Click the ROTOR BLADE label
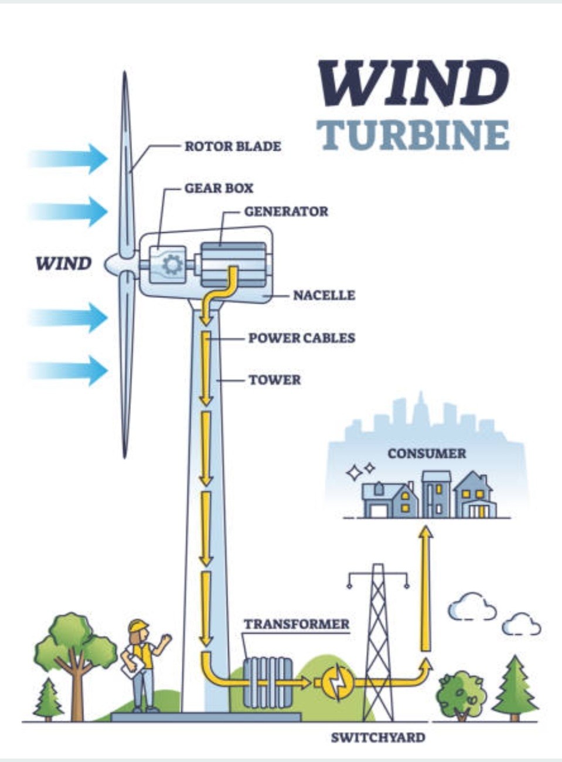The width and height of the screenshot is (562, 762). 233,147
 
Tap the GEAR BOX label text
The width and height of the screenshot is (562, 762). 219,188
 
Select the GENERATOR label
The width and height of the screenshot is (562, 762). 287,212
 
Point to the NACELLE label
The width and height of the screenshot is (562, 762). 324,295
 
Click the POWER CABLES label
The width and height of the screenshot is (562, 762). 302,338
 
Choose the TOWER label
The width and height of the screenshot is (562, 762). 275,380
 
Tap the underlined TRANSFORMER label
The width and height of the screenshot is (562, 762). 297,625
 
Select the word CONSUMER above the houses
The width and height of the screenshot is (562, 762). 427,454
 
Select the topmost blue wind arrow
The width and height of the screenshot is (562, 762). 68,159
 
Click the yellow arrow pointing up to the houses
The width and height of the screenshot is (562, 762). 425,588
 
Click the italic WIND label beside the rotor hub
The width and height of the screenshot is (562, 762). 64,264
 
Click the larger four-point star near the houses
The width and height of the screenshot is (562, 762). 355,473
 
